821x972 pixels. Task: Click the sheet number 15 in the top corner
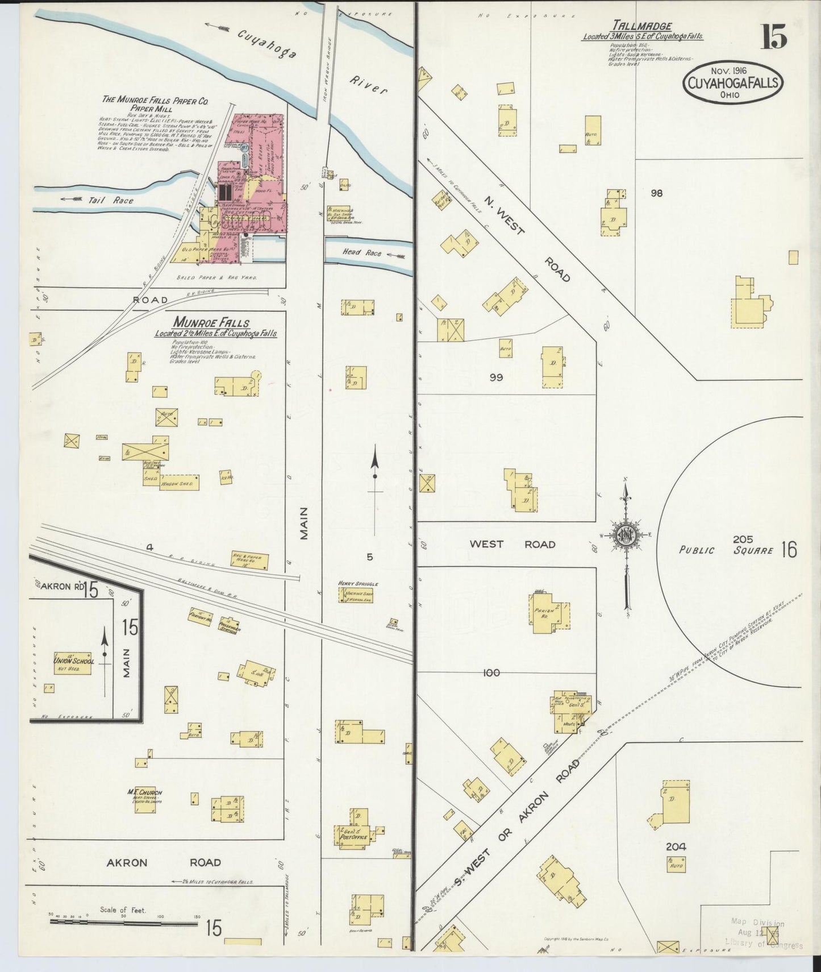[x=774, y=38]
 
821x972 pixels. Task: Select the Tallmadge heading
[x=642, y=26]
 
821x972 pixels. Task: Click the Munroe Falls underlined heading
[x=215, y=323]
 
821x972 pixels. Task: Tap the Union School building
[x=72, y=663]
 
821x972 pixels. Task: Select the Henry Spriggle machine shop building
[x=359, y=595]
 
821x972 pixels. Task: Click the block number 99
[x=496, y=377]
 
